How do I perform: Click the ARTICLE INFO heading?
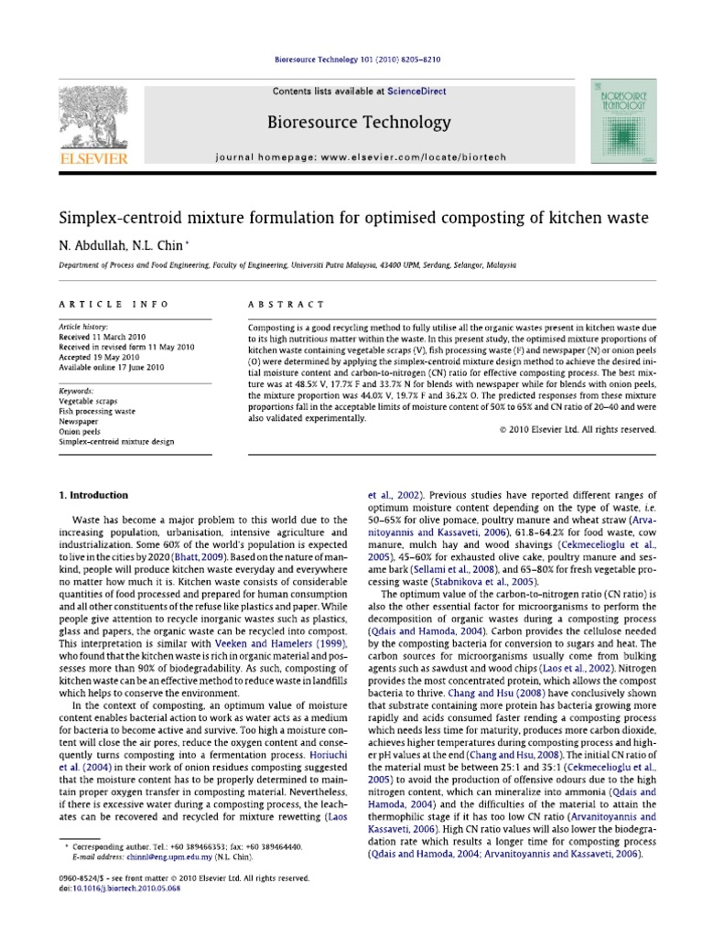(x=95, y=304)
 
